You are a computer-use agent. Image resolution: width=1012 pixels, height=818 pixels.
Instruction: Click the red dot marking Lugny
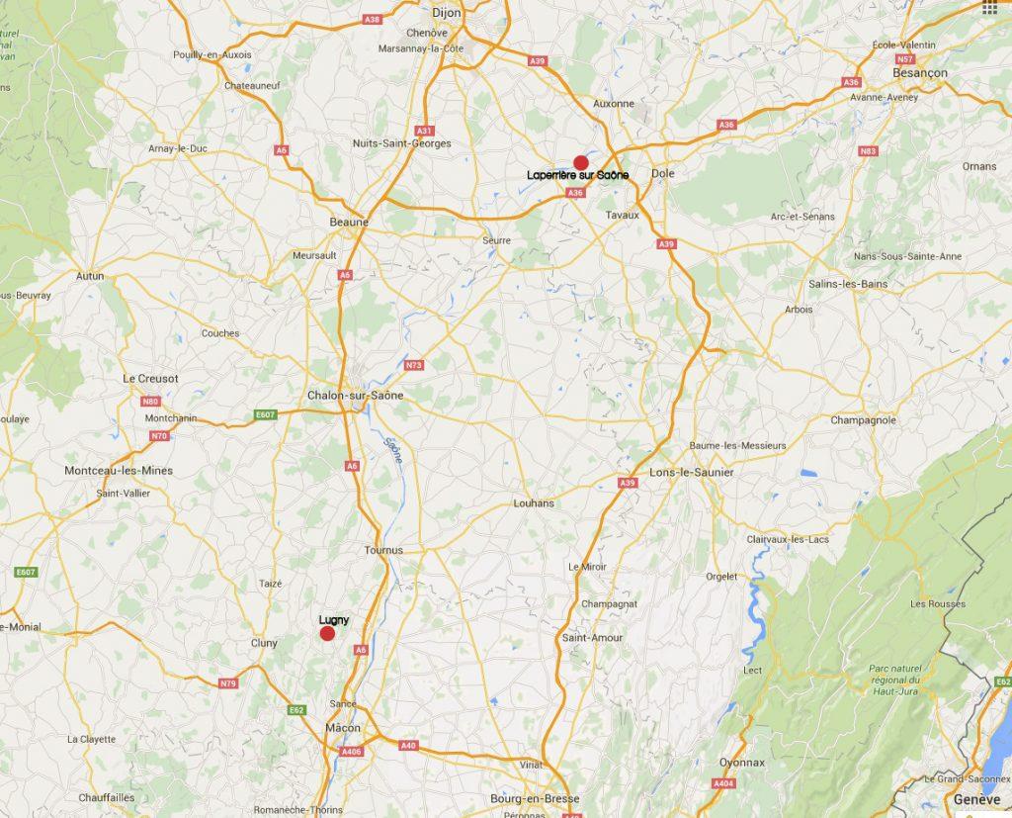[327, 633]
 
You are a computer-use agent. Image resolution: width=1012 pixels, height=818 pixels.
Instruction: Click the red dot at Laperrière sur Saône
[581, 163]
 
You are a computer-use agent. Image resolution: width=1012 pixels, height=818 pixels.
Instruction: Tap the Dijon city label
[447, 13]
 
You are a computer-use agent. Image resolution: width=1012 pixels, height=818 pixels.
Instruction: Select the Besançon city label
[919, 73]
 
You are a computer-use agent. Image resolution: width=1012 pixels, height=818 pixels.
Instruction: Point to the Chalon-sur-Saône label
[355, 395]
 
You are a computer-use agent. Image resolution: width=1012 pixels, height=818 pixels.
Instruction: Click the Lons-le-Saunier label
[692, 473]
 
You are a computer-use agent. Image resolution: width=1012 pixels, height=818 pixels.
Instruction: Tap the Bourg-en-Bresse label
[535, 798]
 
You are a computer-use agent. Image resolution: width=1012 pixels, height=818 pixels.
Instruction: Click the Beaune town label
[348, 223]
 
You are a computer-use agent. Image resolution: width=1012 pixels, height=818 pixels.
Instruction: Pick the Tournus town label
[383, 550]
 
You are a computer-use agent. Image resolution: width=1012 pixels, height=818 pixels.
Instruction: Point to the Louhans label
[534, 503]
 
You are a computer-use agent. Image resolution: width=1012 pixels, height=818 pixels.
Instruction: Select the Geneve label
[977, 799]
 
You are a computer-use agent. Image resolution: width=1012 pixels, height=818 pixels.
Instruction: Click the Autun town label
[89, 276]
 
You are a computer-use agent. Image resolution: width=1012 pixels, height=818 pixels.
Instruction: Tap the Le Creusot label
[150, 378]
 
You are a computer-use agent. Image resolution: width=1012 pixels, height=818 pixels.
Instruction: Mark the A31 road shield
[425, 131]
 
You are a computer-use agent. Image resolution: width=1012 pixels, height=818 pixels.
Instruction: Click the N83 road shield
[869, 151]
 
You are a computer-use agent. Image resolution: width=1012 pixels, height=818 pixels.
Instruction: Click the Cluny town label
[264, 643]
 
